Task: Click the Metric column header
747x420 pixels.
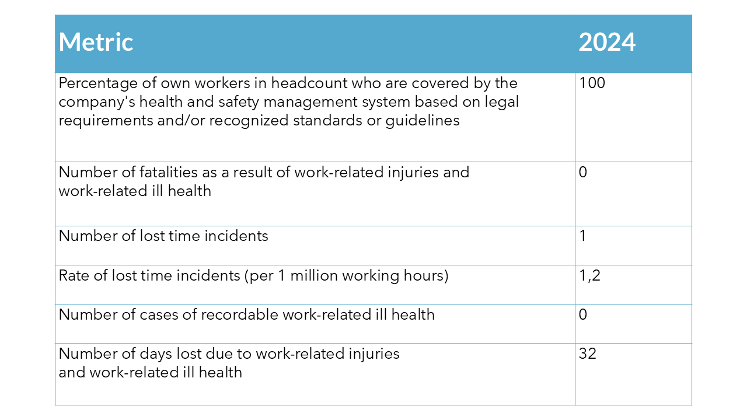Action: click(x=96, y=43)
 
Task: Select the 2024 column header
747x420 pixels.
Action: click(x=607, y=43)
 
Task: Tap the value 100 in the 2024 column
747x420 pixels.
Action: click(x=592, y=83)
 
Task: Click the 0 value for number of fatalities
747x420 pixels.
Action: click(x=583, y=173)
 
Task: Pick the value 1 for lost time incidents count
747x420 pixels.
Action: click(x=582, y=236)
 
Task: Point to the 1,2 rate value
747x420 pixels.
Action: click(x=589, y=275)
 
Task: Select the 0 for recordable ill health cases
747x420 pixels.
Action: click(x=583, y=315)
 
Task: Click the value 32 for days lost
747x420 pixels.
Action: click(x=588, y=353)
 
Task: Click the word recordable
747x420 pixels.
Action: click(x=239, y=315)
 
